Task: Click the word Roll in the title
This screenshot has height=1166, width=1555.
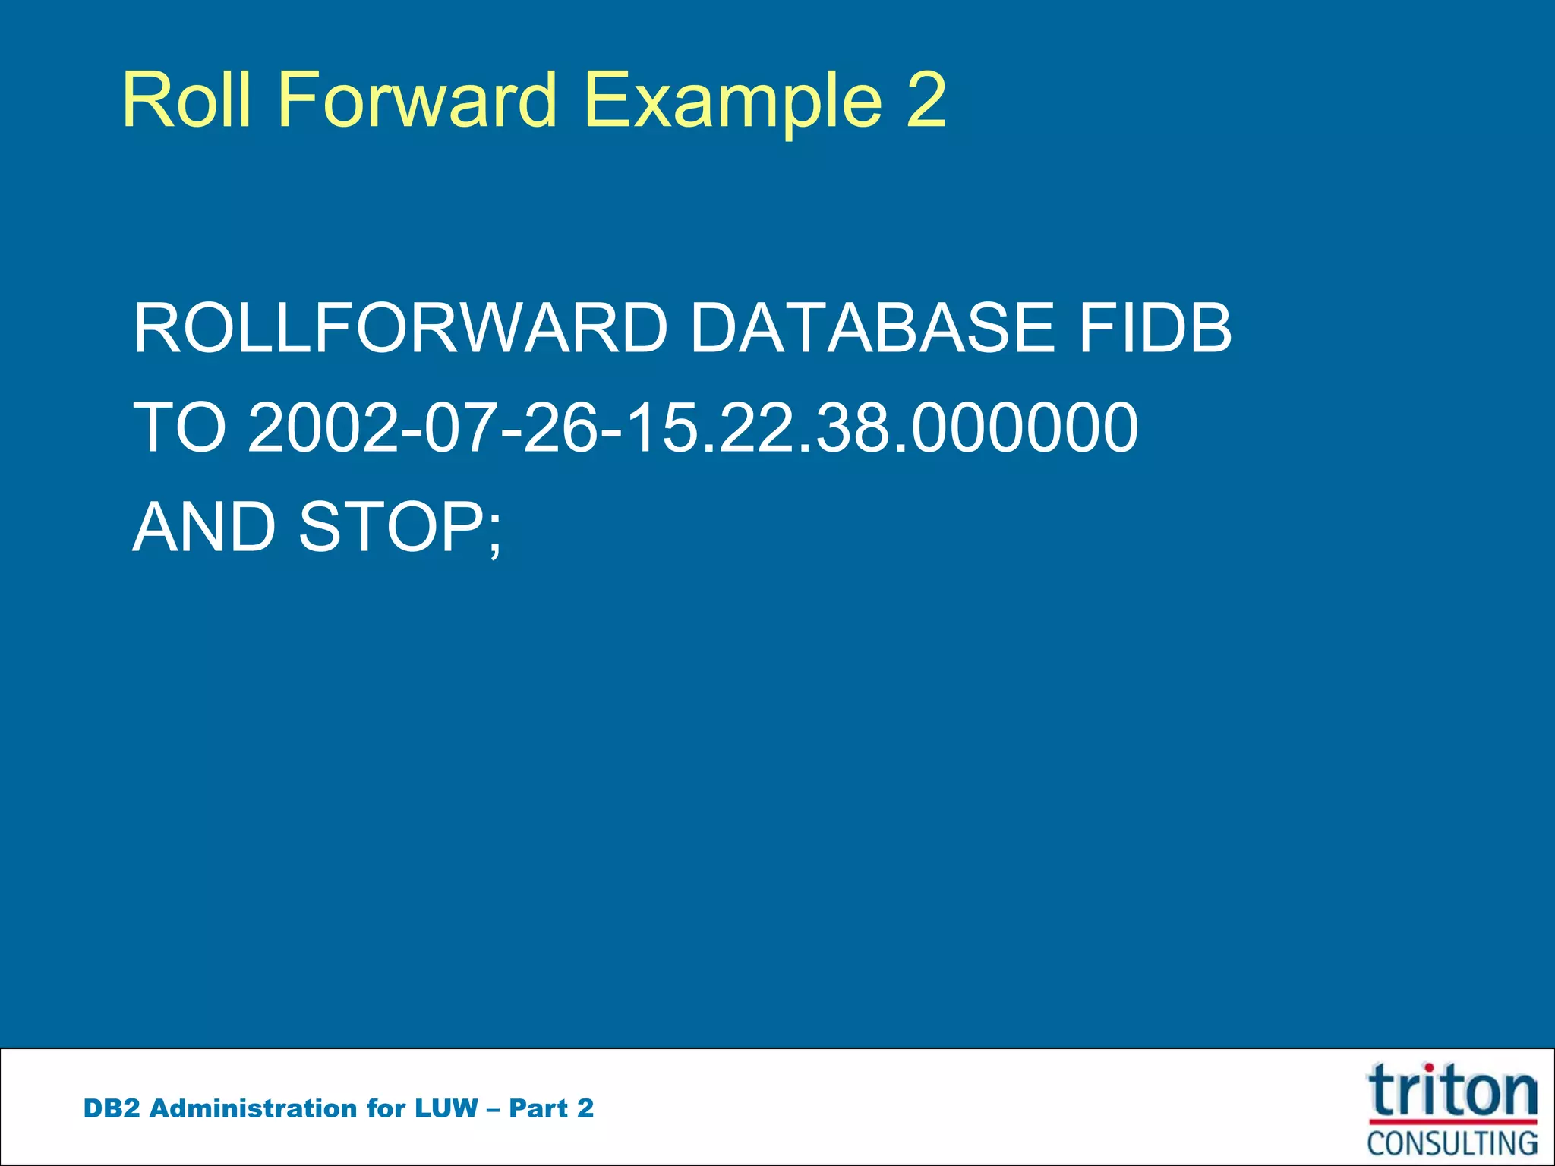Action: coord(187,99)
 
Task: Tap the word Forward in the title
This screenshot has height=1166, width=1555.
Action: coord(417,99)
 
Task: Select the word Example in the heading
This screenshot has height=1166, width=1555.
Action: coord(733,101)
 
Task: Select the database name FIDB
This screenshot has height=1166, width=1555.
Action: coord(1155,328)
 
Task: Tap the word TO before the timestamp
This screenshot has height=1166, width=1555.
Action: coord(179,427)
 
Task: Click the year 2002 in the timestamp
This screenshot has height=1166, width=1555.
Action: coord(323,427)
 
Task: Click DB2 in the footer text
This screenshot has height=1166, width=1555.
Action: coord(112,1108)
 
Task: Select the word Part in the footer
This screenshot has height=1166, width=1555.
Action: coord(538,1108)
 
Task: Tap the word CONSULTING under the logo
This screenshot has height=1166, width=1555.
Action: coord(1452,1142)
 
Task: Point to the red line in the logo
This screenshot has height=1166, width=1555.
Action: coord(1452,1121)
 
